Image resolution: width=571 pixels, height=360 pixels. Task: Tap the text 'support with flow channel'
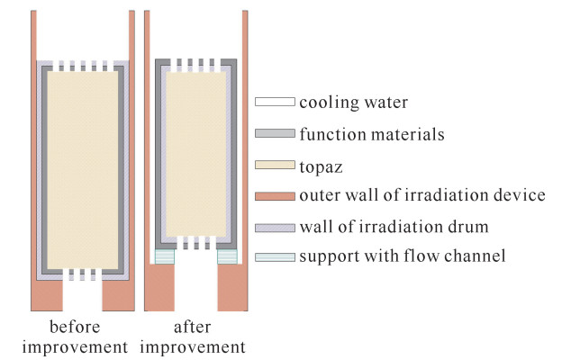401,257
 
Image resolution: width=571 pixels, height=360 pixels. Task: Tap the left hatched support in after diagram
164,256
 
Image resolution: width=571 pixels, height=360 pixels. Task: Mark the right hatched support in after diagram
227,256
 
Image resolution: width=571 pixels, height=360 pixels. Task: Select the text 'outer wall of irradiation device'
420,194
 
